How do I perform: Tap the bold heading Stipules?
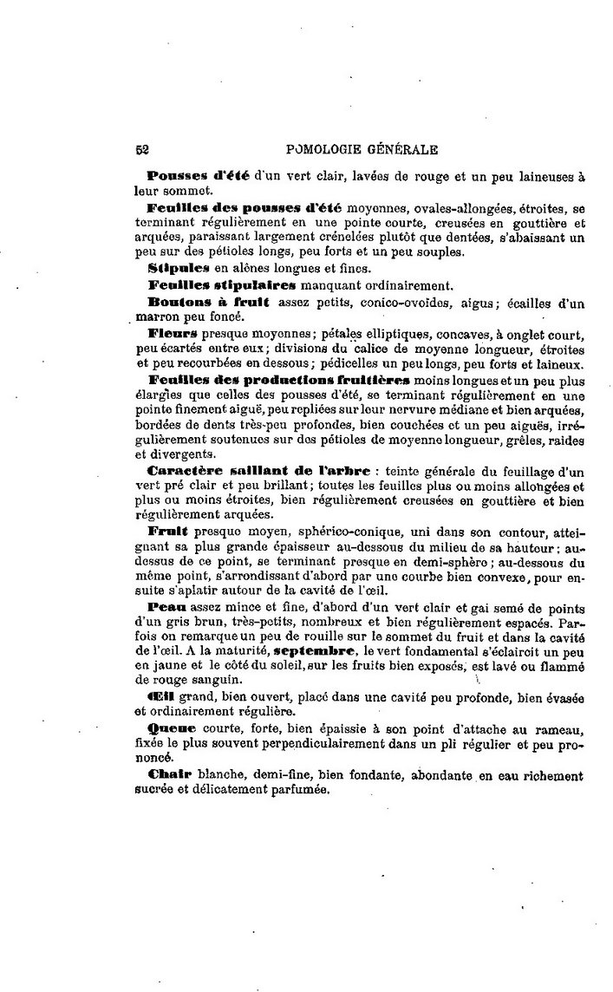coord(179,267)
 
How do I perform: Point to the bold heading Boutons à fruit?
coord(209,301)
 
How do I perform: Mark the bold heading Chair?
coord(168,774)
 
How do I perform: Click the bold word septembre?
coord(312,649)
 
